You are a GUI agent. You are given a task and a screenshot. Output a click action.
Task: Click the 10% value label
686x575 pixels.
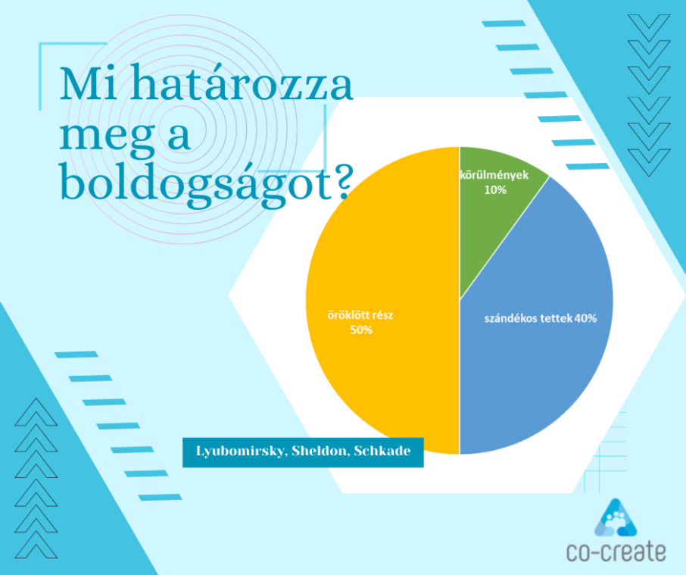click(x=495, y=190)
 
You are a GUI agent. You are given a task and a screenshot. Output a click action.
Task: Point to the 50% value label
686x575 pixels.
click(x=361, y=330)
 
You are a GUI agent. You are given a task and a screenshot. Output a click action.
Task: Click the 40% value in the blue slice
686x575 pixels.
click(x=586, y=318)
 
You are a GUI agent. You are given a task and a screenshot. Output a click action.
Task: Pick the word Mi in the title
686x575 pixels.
click(x=89, y=84)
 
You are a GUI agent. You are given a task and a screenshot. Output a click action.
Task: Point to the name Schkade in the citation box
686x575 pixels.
click(x=382, y=451)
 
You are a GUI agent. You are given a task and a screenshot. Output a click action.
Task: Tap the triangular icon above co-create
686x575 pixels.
click(x=616, y=517)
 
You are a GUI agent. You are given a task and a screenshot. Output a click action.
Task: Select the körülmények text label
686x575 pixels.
click(x=494, y=175)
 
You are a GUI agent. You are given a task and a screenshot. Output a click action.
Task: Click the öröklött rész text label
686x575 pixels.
click(x=360, y=315)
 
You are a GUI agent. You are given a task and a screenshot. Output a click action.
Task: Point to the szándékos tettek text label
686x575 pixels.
click(x=529, y=318)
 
